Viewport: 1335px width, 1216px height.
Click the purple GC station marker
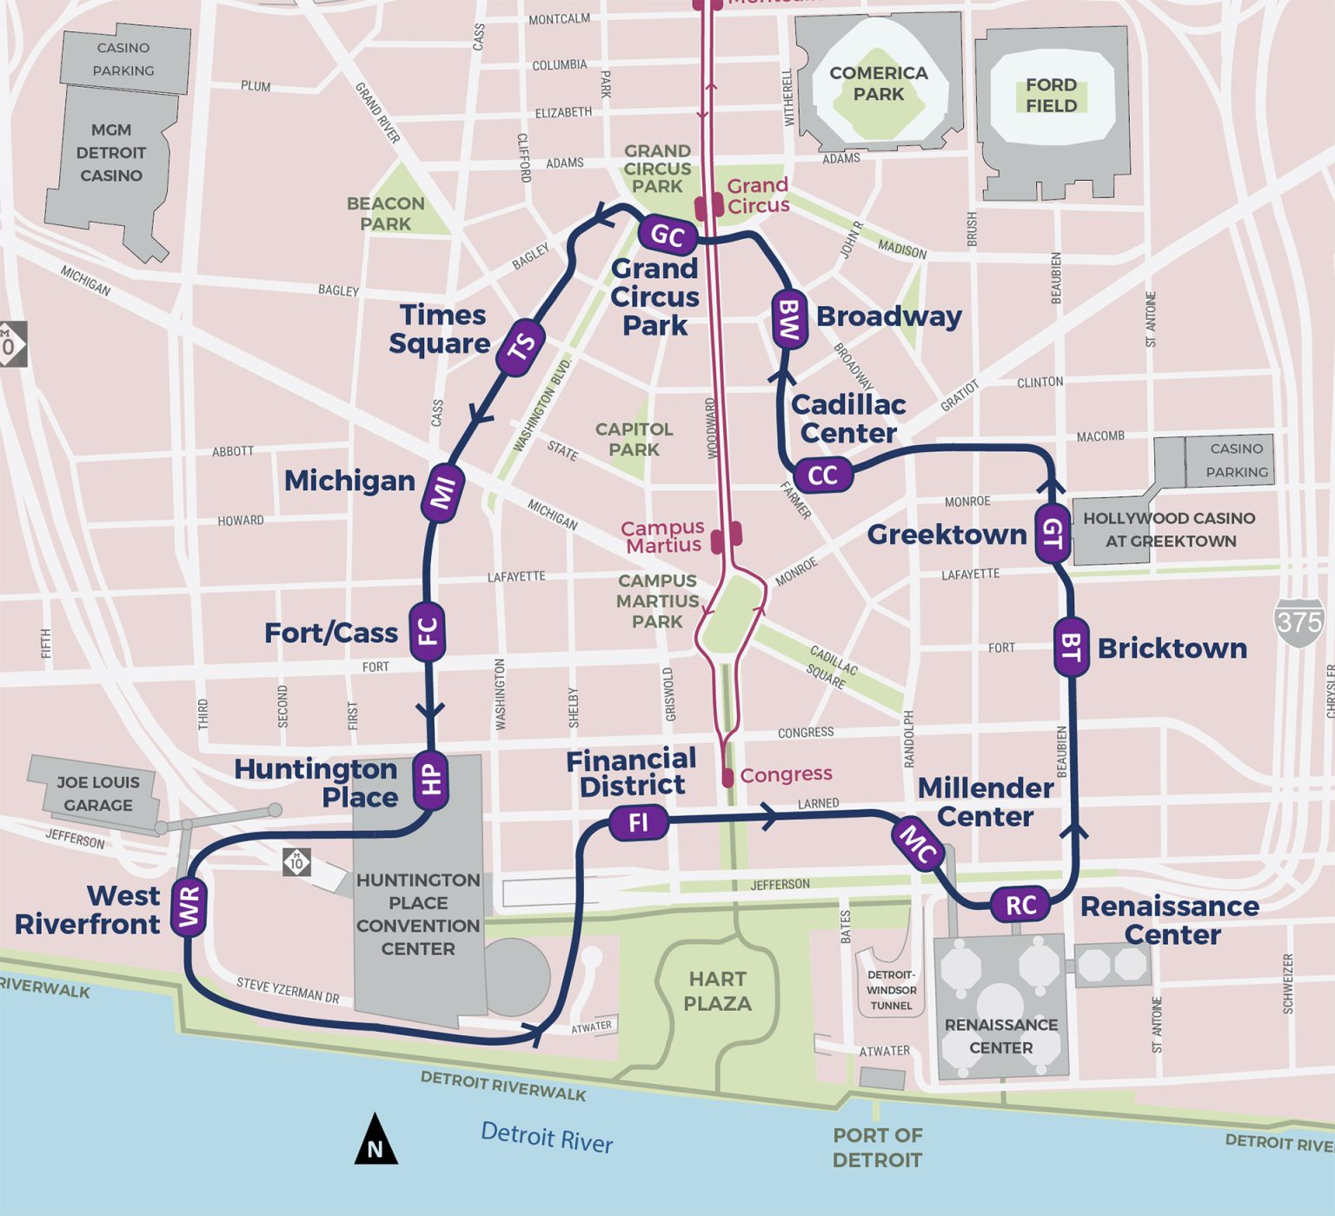tap(667, 235)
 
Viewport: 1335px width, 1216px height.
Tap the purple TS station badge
tap(521, 348)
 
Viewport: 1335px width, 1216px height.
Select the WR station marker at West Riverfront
tap(189, 907)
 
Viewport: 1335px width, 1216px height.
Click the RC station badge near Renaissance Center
tap(1020, 905)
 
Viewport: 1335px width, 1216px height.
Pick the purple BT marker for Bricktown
tap(1071, 647)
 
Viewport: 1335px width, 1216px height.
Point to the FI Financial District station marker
tap(638, 822)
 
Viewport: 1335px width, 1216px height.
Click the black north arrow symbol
tap(375, 1140)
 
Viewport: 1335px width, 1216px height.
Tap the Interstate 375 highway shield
tap(1299, 622)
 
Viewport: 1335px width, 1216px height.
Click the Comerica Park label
tap(879, 83)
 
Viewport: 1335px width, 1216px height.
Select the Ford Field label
tap(1051, 95)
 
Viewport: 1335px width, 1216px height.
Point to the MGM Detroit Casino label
tap(111, 152)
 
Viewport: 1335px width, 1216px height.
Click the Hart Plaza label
tap(717, 991)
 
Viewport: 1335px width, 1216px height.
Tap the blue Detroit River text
tap(547, 1137)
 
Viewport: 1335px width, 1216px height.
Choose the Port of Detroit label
tap(877, 1147)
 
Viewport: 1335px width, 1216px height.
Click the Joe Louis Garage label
tap(97, 794)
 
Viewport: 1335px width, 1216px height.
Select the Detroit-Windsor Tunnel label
tap(891, 990)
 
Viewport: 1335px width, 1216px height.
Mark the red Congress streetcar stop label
tap(786, 774)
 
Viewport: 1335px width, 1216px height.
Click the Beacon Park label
tap(386, 213)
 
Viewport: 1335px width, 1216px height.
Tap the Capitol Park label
tap(634, 439)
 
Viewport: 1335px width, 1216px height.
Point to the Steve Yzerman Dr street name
tap(288, 990)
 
